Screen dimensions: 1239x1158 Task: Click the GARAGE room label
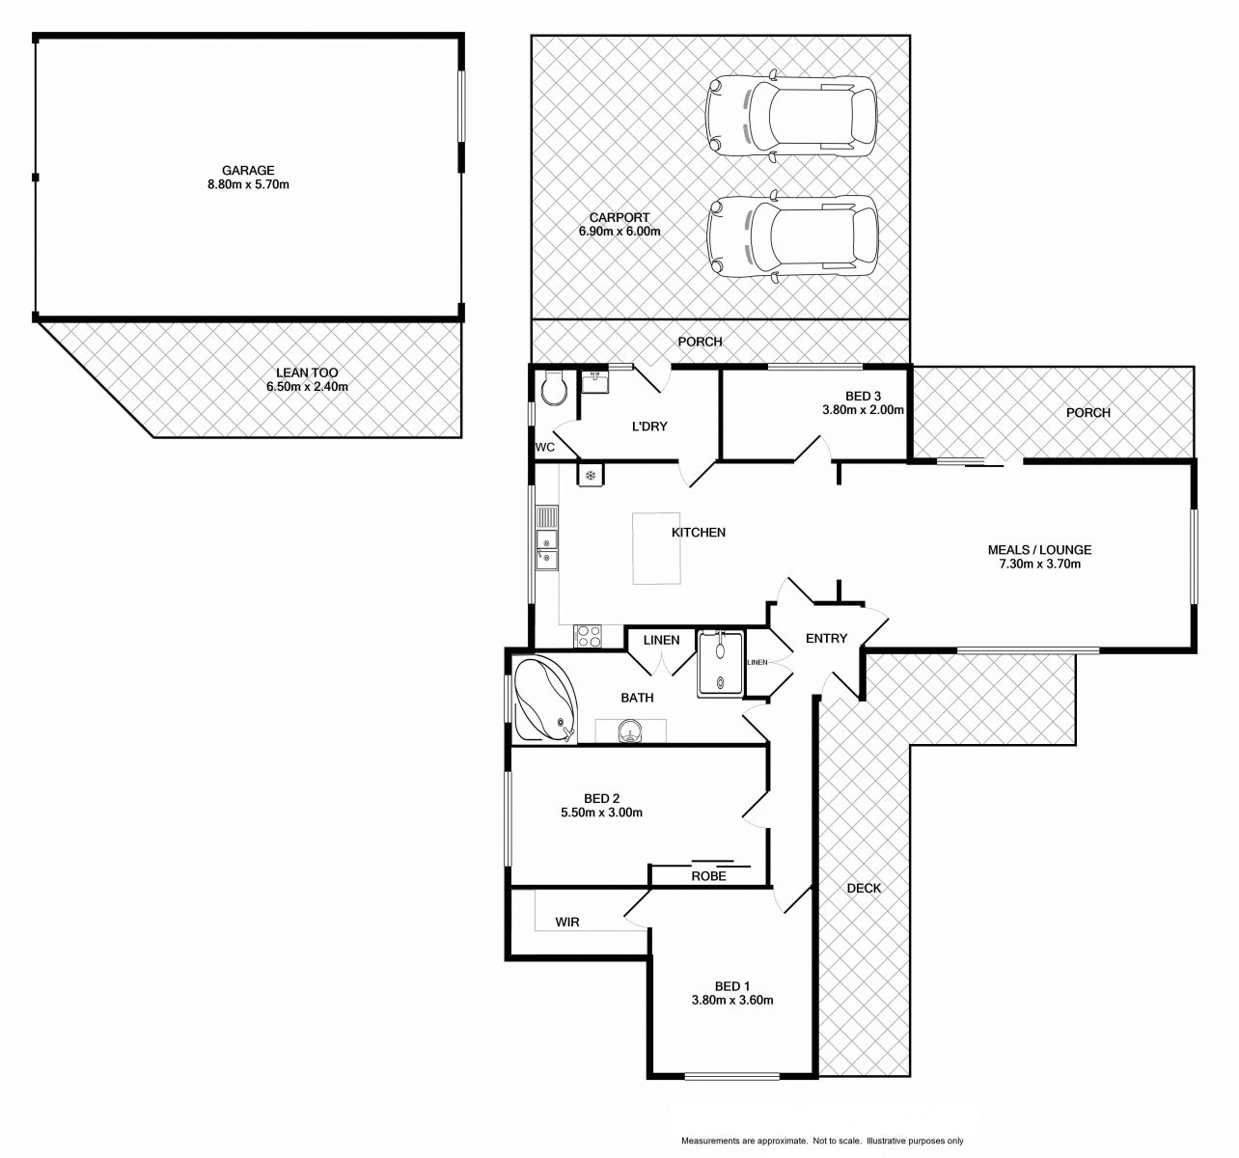point(248,171)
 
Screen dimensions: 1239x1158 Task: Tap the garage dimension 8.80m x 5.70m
point(248,184)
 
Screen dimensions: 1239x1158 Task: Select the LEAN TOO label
point(307,372)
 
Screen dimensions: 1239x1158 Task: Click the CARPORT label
point(619,218)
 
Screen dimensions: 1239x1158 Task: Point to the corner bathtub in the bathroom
point(545,698)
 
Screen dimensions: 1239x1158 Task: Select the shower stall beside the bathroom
point(721,663)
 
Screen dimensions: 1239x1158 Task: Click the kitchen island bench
point(656,548)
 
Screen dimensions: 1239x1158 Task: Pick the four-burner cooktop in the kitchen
point(588,636)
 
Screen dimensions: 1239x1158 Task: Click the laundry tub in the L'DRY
point(595,382)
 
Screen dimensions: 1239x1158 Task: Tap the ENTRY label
point(826,638)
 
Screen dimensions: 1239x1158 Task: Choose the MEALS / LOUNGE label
point(1039,550)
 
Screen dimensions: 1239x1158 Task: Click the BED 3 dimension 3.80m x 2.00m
point(863,410)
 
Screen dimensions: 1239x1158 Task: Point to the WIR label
point(567,922)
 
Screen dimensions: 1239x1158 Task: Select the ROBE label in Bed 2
point(708,876)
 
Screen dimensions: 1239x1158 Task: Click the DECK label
point(864,888)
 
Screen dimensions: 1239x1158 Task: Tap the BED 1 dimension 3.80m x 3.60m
point(731,1000)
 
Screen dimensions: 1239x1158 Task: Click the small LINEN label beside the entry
point(757,662)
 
